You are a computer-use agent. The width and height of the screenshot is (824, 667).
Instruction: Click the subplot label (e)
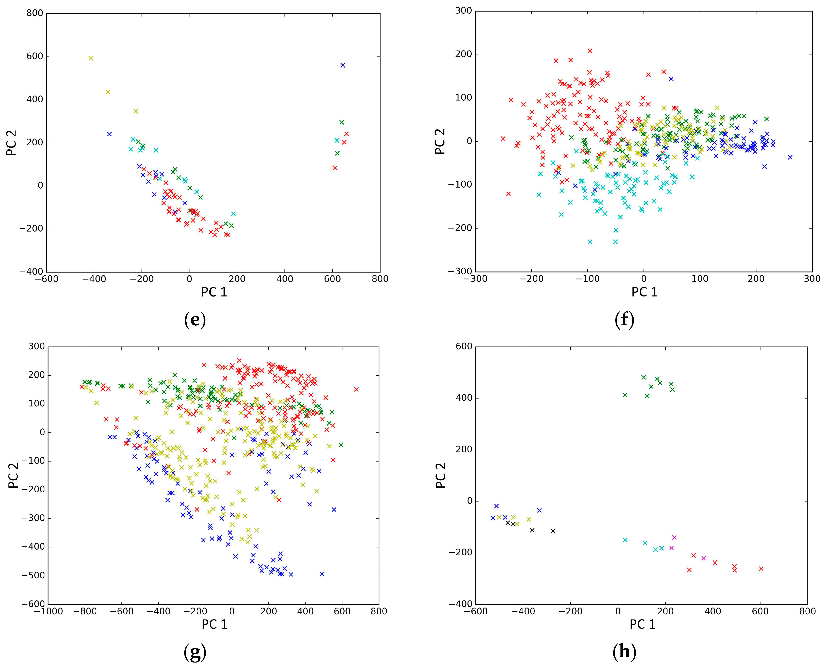pos(195,320)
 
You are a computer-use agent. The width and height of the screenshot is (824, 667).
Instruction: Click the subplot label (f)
pos(624,320)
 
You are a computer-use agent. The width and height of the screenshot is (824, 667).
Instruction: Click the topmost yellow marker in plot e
pos(91,58)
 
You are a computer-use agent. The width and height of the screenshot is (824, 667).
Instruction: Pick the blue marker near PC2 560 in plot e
pos(343,65)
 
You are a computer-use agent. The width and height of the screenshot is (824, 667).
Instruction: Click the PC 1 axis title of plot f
pos(644,292)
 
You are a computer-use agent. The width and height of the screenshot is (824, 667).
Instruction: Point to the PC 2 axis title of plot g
pos(13,475)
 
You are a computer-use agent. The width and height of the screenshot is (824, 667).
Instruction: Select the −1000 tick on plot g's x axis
pos(48,612)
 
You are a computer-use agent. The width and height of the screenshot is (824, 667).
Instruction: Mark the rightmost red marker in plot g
pos(356,389)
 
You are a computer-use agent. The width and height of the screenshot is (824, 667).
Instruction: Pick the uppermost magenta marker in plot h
pos(674,537)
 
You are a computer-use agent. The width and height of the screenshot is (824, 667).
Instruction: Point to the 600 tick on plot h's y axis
pos(464,347)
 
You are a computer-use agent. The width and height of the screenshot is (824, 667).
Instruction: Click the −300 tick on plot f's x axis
pos(475,279)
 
